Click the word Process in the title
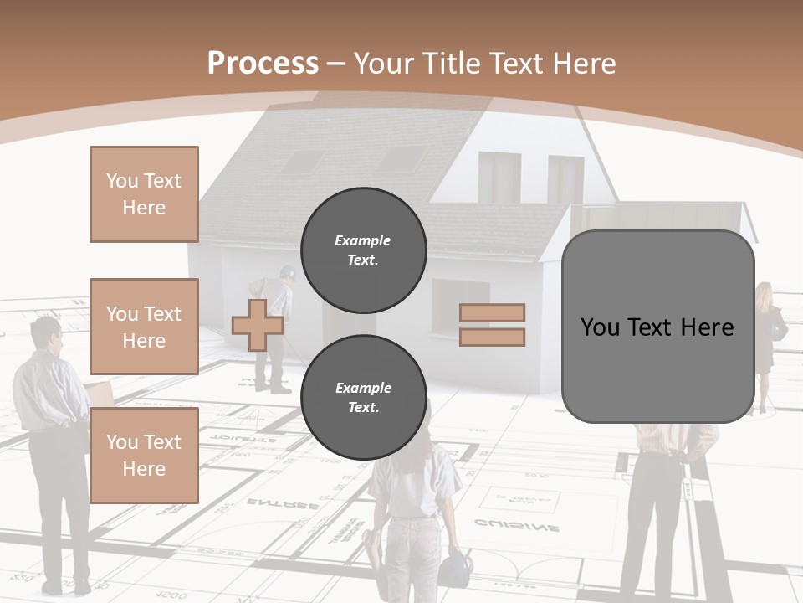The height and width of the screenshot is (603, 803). [x=263, y=64]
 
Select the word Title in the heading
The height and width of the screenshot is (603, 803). [x=451, y=64]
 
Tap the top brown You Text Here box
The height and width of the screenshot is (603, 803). [x=144, y=194]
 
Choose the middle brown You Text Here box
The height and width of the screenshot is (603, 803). [x=144, y=327]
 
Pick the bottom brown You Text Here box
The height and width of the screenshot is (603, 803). [x=144, y=455]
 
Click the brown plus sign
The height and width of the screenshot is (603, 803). [x=257, y=325]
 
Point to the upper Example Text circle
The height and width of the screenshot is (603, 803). [x=363, y=250]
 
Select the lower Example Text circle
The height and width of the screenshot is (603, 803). [x=363, y=397]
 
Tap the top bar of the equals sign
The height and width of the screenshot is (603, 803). [x=492, y=313]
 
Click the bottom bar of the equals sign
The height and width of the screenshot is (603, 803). [x=492, y=337]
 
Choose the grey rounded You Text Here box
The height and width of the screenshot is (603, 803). [x=657, y=327]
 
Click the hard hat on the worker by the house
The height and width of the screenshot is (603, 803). [x=288, y=272]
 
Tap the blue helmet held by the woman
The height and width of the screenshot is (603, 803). [x=453, y=566]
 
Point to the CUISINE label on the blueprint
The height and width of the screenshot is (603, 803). [x=517, y=526]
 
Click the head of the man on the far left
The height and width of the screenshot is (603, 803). [x=46, y=332]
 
